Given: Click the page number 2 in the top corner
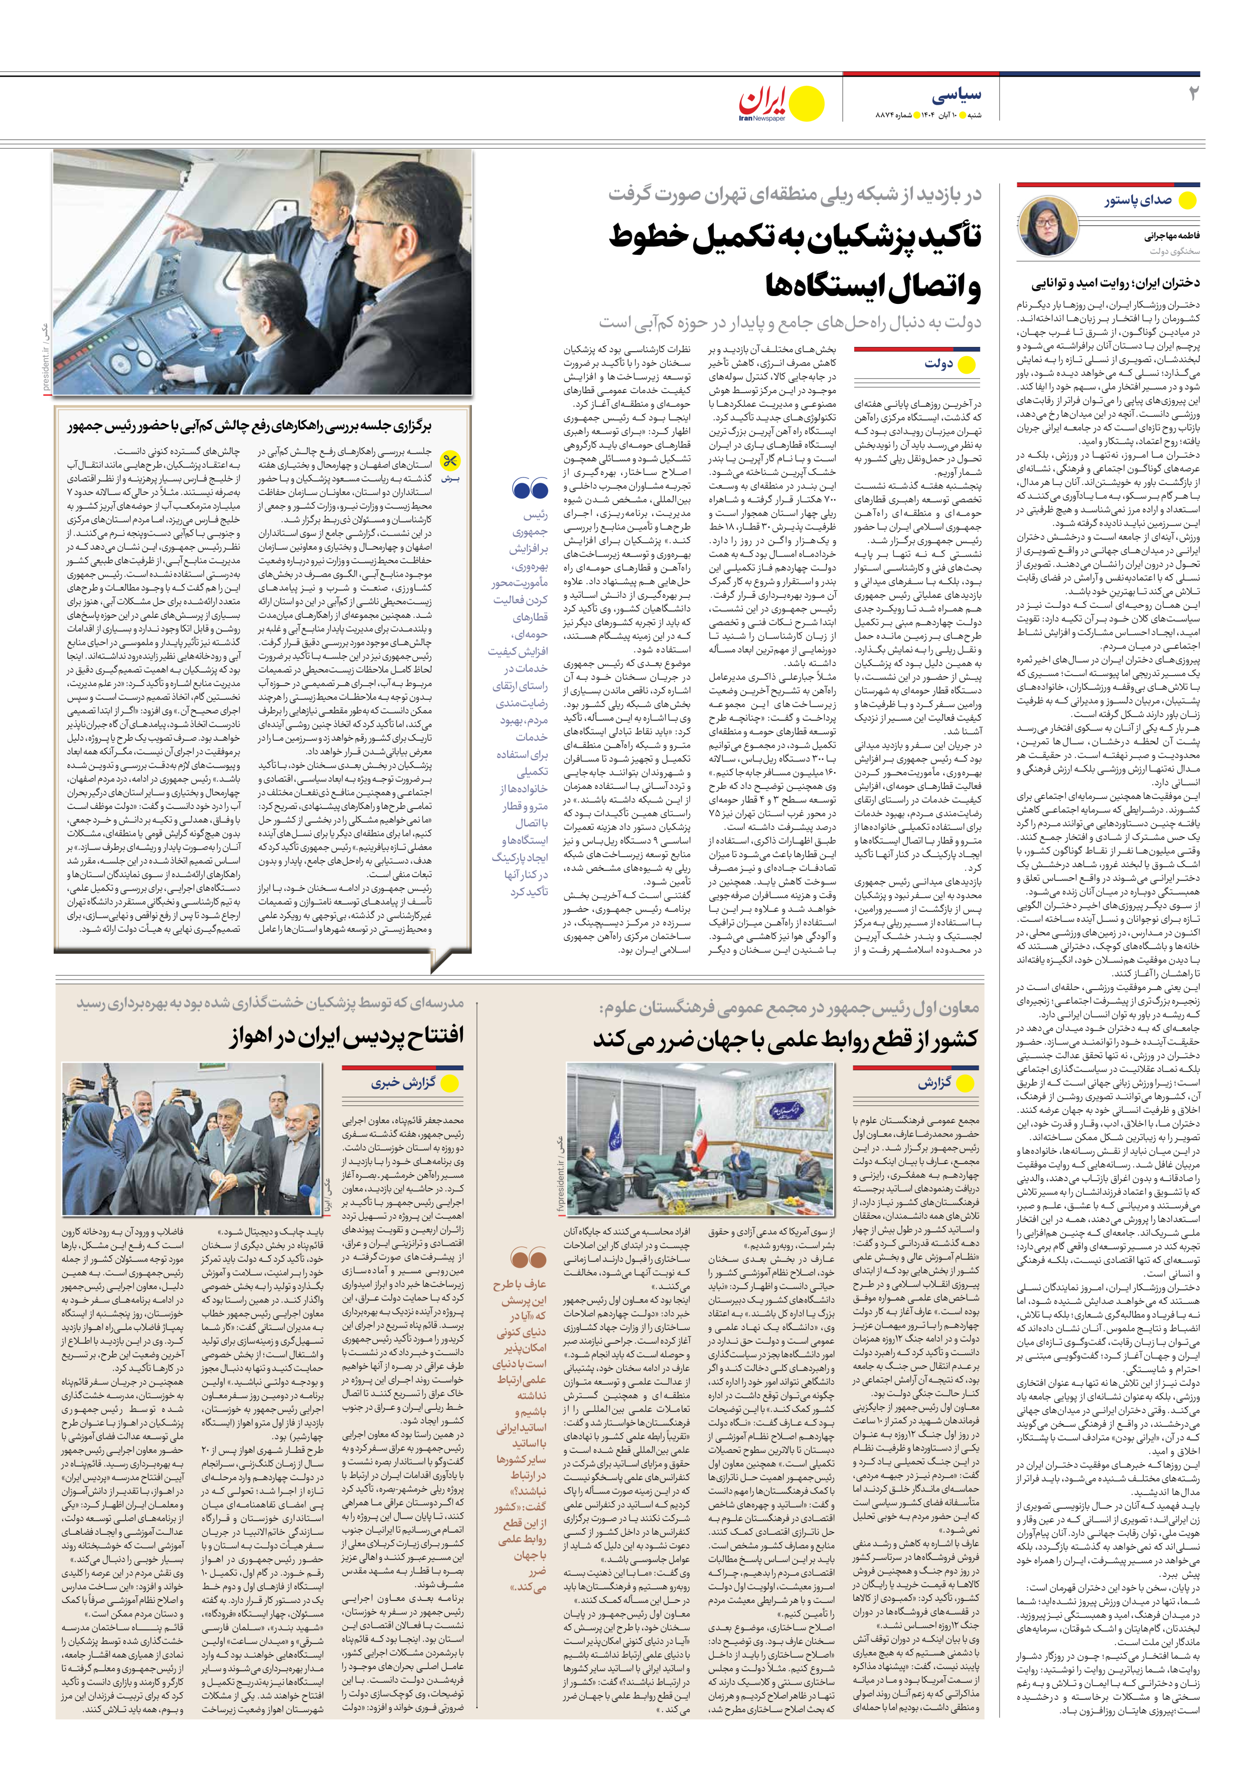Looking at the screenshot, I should click(x=1192, y=94).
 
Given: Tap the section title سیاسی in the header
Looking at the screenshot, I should click(x=956, y=95).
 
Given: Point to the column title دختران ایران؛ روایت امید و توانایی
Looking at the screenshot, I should click(x=1116, y=283).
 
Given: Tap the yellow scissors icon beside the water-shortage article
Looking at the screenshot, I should click(x=450, y=461).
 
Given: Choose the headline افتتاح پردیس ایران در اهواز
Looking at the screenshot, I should click(x=347, y=1036).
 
